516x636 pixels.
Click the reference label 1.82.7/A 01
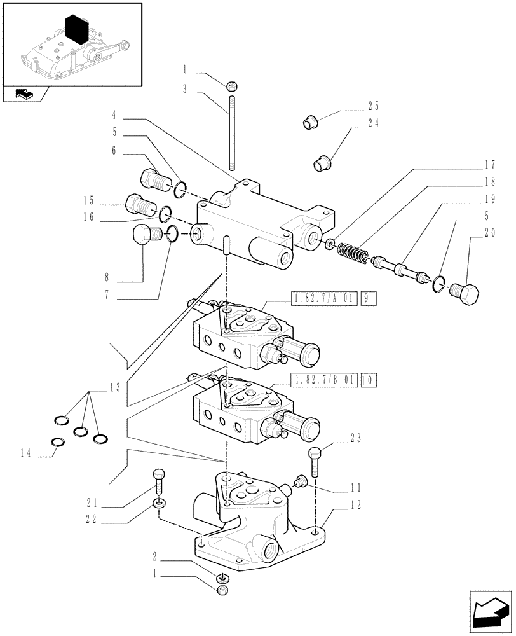click(x=325, y=297)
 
